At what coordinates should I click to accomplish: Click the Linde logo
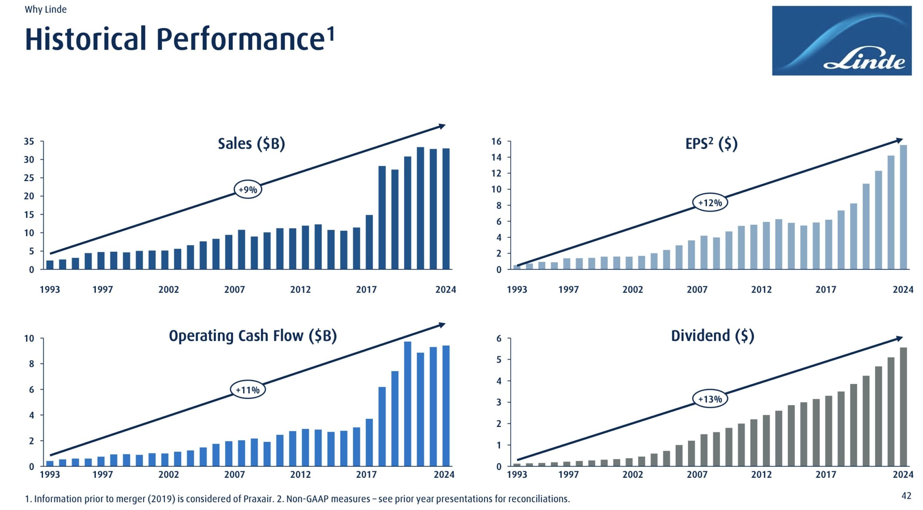[841, 40]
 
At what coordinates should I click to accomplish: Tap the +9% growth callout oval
[248, 189]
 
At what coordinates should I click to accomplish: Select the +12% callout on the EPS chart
[710, 203]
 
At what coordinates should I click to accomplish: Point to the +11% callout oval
[248, 390]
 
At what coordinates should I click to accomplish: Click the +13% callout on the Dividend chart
[710, 399]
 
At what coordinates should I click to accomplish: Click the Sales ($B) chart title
[251, 144]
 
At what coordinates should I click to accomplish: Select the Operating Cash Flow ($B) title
[253, 336]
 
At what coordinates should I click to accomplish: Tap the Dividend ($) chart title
[712, 336]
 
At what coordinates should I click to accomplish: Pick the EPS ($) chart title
[711, 144]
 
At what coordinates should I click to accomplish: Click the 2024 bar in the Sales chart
[446, 209]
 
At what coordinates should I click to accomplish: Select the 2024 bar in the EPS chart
[903, 207]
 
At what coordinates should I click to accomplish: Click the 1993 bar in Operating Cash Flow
[50, 463]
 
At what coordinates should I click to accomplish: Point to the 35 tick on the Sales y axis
[29, 141]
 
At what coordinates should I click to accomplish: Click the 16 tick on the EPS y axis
[496, 141]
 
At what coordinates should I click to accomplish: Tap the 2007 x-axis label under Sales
[234, 289]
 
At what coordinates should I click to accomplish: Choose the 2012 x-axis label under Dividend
[761, 474]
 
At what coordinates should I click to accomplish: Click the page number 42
[906, 496]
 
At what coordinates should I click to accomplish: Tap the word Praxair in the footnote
[258, 499]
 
